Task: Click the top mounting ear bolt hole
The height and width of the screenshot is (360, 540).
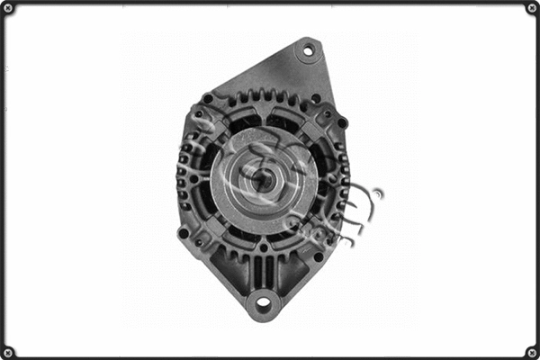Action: (309, 51)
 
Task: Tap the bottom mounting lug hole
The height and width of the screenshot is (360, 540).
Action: (264, 302)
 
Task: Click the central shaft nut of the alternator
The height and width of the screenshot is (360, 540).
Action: (263, 179)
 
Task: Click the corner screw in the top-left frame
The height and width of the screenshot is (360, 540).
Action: (8, 8)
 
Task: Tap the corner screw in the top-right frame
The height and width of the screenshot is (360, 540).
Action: (531, 8)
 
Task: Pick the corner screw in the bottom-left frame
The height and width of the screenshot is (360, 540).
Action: (8, 351)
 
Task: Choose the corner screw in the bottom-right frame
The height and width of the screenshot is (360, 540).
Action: (531, 351)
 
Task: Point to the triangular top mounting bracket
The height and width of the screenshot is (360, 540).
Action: (297, 72)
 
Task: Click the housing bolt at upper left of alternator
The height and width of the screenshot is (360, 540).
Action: (208, 99)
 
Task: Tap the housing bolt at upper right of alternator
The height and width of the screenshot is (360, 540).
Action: (342, 122)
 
